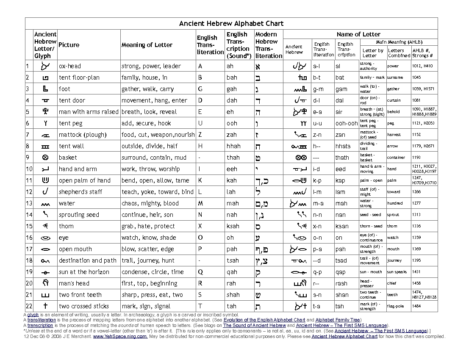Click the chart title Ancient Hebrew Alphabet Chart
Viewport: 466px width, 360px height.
coord(231,24)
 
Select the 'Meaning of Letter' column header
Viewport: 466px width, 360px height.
coord(147,45)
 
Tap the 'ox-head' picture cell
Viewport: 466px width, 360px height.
coord(70,66)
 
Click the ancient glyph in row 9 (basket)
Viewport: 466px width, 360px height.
coord(43,158)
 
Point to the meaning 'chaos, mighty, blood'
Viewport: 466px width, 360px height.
coord(150,203)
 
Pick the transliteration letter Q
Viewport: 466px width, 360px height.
coord(201,272)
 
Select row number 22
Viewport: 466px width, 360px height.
coord(29,306)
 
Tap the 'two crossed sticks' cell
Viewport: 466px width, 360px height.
coord(84,306)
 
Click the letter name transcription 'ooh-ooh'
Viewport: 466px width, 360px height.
coord(347,123)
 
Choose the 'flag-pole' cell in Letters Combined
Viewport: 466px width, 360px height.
coord(395,306)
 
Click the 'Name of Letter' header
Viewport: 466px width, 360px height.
coord(358,34)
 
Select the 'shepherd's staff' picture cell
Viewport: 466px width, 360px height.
coord(80,192)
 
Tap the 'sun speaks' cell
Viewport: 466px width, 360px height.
coord(397,272)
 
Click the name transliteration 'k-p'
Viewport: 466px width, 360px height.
coord(317,180)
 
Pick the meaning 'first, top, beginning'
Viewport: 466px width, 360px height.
coord(150,283)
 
